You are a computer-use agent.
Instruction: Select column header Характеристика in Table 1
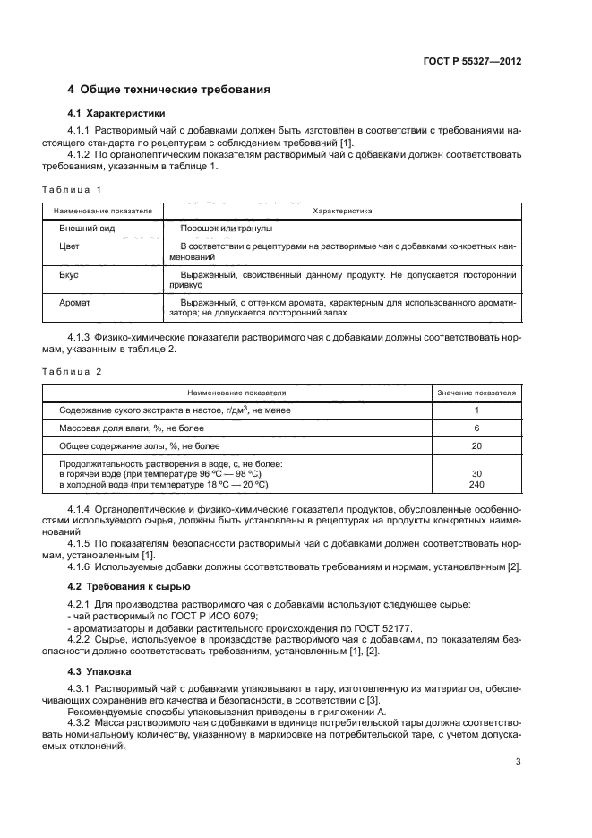(x=341, y=211)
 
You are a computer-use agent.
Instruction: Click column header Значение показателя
(x=476, y=393)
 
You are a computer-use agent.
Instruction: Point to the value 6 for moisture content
(x=476, y=428)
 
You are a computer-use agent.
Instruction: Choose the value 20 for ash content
(x=476, y=445)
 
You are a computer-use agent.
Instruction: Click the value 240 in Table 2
(x=476, y=485)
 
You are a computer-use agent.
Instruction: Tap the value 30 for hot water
(x=476, y=474)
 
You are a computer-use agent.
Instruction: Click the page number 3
(x=518, y=762)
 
